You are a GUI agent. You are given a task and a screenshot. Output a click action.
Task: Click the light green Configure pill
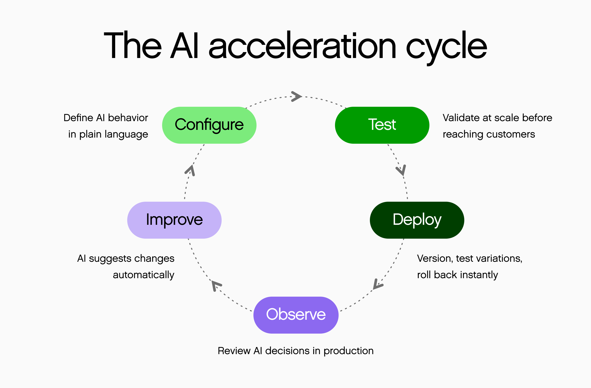point(209,125)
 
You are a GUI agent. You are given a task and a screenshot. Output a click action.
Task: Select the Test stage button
point(382,125)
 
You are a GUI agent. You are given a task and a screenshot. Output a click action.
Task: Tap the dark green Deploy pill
point(417,220)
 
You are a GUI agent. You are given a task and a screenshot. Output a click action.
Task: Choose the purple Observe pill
point(296,315)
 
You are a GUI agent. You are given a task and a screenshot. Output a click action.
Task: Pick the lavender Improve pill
point(174,220)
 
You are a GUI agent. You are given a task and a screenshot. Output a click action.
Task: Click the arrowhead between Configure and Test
point(297,96)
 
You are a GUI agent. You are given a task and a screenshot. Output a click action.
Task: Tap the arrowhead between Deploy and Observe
point(377,284)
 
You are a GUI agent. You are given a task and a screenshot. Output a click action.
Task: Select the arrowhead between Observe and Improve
point(216,285)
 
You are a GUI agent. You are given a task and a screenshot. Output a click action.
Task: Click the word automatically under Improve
point(143,275)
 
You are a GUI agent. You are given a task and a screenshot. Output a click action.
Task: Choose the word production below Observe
point(348,351)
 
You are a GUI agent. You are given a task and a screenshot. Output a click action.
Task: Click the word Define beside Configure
point(78,118)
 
